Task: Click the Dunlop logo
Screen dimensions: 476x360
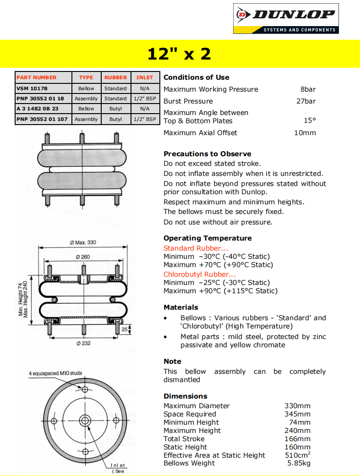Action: (x=286, y=18)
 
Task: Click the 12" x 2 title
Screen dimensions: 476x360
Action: (x=179, y=54)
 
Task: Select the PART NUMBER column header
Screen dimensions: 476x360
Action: (x=37, y=78)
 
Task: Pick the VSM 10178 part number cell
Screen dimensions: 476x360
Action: (x=32, y=88)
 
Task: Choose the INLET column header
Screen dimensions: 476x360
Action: (x=145, y=78)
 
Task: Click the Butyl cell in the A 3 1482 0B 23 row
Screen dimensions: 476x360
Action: (x=115, y=109)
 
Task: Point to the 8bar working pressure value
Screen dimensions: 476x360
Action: (x=308, y=89)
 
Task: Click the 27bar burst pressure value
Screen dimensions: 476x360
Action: (x=306, y=101)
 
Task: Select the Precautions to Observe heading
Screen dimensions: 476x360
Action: (x=207, y=154)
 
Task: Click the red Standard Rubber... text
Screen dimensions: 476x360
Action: (x=196, y=248)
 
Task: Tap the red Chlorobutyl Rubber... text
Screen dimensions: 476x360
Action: (x=200, y=274)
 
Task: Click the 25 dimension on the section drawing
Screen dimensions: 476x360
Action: (x=124, y=329)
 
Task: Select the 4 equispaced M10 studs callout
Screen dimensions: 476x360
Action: (x=55, y=373)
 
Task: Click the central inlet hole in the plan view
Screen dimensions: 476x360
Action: (x=85, y=421)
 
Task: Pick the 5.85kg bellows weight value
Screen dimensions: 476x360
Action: (x=299, y=463)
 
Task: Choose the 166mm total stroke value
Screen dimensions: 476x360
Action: (x=298, y=439)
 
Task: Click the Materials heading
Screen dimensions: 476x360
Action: (x=181, y=307)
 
